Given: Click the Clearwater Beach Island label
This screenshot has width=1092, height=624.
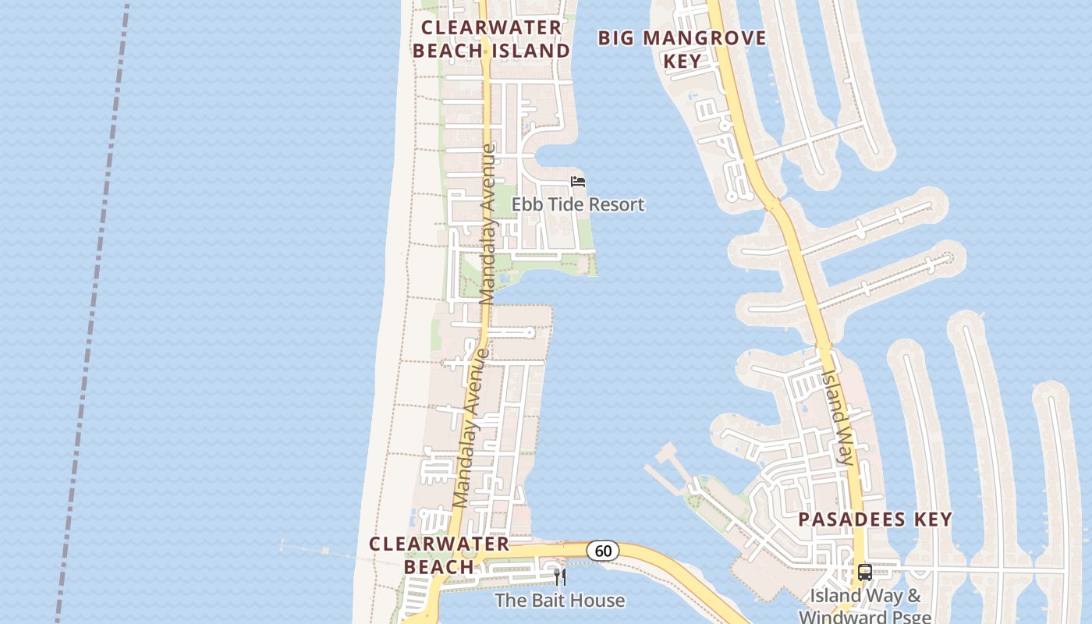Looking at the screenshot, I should tap(491, 39).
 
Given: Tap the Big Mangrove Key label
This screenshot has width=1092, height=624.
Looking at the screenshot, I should tap(682, 48).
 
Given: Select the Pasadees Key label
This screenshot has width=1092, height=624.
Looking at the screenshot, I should tap(875, 519).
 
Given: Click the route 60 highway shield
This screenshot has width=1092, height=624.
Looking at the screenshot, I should tap(603, 551).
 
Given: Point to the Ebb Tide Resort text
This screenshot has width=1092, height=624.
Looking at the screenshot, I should tap(578, 204).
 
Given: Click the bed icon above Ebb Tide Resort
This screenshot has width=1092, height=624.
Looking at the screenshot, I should tap(578, 182).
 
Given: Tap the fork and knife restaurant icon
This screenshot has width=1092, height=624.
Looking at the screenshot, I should tap(559, 577).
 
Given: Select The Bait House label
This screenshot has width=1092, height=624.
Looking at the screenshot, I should tap(560, 600).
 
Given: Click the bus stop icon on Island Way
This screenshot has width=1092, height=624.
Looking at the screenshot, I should tap(864, 573).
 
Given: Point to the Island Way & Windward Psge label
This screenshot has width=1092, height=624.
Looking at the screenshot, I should tap(865, 606).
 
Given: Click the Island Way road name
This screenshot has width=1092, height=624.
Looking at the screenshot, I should tap(838, 417).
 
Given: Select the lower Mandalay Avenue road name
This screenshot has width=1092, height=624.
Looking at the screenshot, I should tap(471, 429).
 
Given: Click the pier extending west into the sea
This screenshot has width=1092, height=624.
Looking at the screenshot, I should tap(328, 552).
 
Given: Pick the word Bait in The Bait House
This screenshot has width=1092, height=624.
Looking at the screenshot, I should tap(546, 600).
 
